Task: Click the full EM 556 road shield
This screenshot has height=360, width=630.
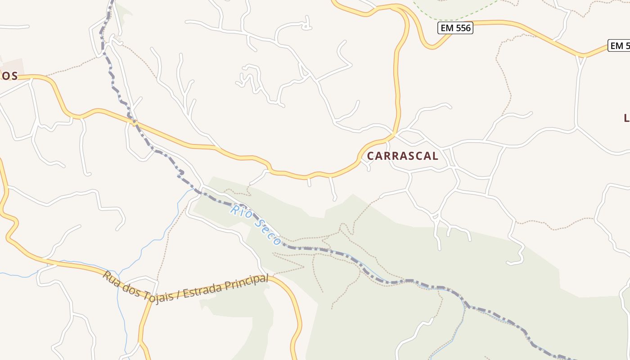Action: click(x=455, y=28)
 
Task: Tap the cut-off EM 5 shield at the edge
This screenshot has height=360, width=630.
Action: click(x=620, y=45)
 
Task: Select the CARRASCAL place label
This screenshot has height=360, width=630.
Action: click(x=402, y=156)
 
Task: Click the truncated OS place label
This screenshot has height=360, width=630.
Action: click(x=9, y=76)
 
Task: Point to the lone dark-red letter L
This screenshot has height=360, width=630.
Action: click(x=626, y=118)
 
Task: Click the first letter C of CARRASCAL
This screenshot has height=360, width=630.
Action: click(x=371, y=156)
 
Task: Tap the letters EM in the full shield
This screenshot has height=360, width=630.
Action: click(x=448, y=28)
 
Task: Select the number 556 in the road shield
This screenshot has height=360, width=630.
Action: click(x=462, y=28)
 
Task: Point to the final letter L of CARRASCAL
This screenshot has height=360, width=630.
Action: click(x=435, y=156)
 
